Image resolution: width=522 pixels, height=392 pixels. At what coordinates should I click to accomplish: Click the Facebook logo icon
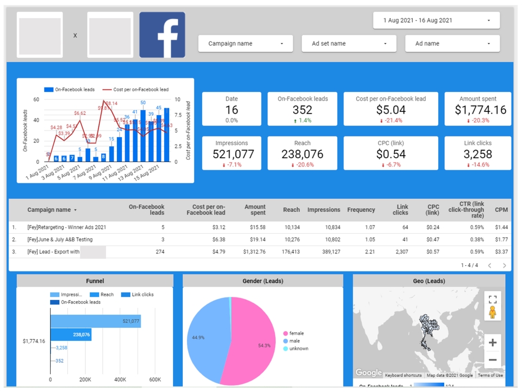tap(162, 35)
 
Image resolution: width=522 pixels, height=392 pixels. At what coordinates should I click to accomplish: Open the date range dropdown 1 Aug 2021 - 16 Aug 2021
tap(436, 21)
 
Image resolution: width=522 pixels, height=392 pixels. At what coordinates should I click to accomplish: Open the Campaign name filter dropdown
tap(245, 43)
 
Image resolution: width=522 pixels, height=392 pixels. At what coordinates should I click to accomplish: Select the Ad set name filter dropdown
tap(349, 43)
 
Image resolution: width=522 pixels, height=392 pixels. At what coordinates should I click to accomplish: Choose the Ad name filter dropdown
tap(452, 43)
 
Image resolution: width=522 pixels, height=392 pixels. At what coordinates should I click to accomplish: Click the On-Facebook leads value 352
tap(302, 110)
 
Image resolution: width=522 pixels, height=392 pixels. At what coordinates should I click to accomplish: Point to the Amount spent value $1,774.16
tap(477, 110)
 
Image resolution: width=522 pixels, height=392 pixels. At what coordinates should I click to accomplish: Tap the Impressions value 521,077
tap(233, 154)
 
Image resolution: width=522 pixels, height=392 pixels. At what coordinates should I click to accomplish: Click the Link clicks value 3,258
tap(477, 154)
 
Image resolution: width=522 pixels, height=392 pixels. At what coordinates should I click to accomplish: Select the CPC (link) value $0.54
tap(390, 154)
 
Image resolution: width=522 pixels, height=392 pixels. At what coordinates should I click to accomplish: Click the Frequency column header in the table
tap(361, 210)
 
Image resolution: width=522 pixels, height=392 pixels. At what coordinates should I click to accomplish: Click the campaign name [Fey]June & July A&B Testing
tap(60, 239)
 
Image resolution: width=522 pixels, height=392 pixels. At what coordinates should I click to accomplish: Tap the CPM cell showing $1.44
tap(501, 227)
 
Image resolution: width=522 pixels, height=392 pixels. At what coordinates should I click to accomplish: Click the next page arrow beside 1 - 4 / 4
tap(504, 265)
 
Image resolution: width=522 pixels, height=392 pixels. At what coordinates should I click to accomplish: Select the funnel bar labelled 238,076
tap(71, 335)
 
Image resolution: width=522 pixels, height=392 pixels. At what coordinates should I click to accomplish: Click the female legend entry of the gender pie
tap(296, 333)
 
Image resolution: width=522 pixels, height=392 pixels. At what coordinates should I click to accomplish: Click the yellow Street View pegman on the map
tap(493, 313)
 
